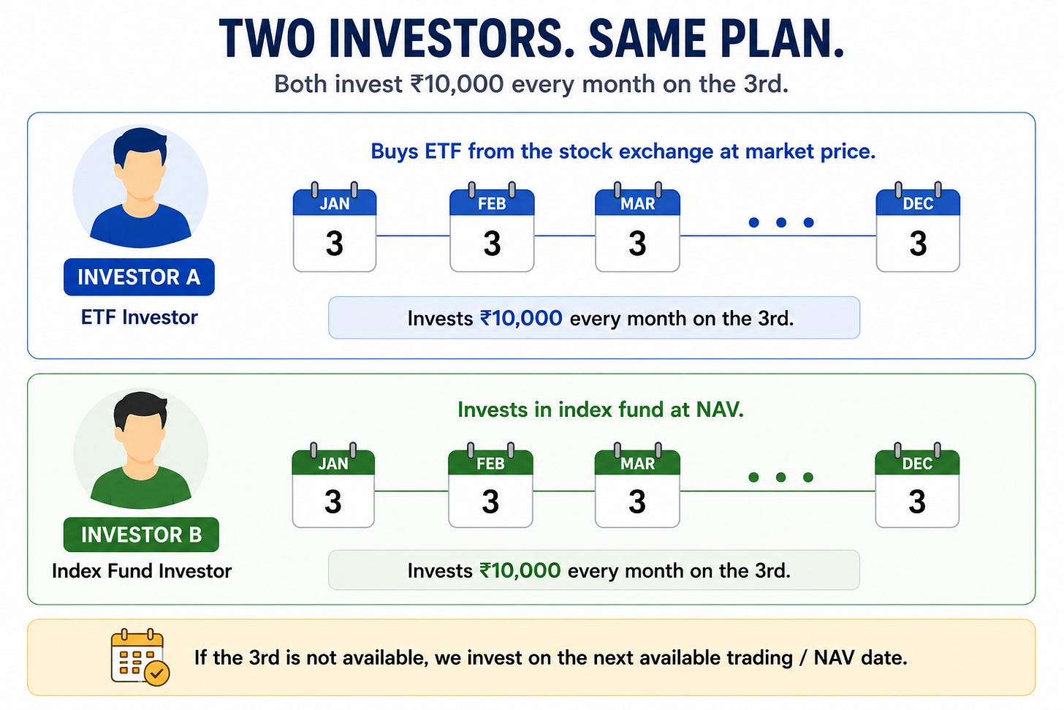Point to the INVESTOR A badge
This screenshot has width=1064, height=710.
click(x=139, y=277)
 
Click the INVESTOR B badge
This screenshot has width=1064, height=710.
click(x=141, y=535)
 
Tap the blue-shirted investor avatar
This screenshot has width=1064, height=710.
click(x=140, y=186)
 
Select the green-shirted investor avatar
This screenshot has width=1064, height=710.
click(x=140, y=449)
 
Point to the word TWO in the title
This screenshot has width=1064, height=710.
click(x=267, y=39)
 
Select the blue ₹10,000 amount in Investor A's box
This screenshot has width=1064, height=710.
click(x=521, y=318)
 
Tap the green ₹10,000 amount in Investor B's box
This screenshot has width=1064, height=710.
click(x=520, y=571)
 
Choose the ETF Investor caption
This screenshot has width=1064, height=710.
click(x=139, y=317)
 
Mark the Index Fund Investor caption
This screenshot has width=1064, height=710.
click(x=142, y=571)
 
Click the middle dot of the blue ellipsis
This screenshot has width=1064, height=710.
click(x=781, y=222)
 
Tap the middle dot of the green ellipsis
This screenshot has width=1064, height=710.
click(x=780, y=477)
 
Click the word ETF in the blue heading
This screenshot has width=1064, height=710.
click(x=443, y=151)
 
